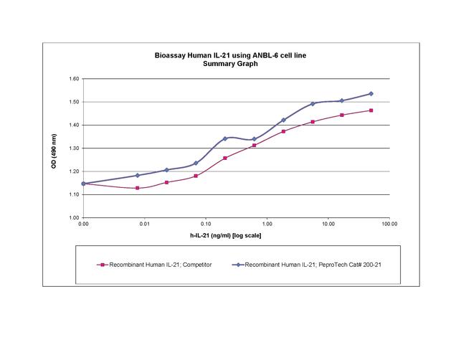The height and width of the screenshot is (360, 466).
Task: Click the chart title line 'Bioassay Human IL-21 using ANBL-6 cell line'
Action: pos(236,55)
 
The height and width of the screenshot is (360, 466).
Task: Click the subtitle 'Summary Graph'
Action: pos(236,64)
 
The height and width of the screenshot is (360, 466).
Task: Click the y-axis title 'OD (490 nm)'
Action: pos(54,148)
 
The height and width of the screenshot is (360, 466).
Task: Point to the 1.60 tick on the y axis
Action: pos(74,79)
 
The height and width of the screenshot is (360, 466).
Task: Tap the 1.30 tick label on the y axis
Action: pos(74,148)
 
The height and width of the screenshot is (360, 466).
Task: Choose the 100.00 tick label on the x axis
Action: pos(389,225)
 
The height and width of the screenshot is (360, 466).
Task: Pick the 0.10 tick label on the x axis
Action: pos(206,225)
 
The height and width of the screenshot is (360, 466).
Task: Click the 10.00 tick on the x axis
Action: pos(328,225)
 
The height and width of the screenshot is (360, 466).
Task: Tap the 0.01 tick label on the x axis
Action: pos(144,225)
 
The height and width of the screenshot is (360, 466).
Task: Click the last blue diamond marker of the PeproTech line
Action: pos(371,94)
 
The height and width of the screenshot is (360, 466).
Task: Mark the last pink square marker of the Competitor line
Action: pos(371,110)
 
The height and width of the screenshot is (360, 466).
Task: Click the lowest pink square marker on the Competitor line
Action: pos(137,188)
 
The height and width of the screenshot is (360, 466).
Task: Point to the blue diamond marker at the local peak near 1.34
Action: pos(225,138)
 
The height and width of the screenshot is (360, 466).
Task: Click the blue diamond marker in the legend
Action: pos(240,265)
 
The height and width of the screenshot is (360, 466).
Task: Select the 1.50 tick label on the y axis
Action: pos(74,102)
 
